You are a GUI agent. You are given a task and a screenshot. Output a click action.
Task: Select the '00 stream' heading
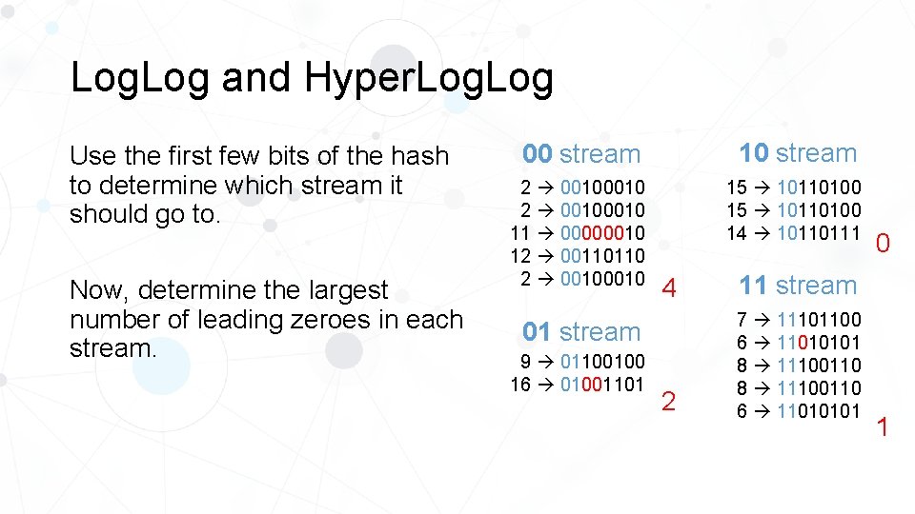pyautogui.click(x=581, y=153)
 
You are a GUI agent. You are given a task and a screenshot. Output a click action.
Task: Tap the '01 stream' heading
pyautogui.click(x=581, y=332)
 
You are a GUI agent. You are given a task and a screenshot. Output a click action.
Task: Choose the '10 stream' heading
pyautogui.click(x=798, y=152)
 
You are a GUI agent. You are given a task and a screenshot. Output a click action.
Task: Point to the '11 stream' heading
pyautogui.click(x=798, y=285)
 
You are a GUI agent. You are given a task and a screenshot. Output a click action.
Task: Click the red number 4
pyautogui.click(x=669, y=288)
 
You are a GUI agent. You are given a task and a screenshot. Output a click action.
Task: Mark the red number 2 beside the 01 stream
pyautogui.click(x=668, y=402)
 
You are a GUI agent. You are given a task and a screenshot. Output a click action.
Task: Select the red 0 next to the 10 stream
pyautogui.click(x=883, y=245)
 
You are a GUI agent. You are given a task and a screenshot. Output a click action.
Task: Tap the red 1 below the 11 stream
pyautogui.click(x=882, y=427)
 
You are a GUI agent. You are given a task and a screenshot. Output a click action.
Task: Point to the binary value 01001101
pyautogui.click(x=602, y=385)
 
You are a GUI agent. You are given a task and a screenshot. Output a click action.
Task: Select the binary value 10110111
pyautogui.click(x=819, y=232)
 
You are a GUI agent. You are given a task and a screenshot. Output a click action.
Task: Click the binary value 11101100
pyautogui.click(x=819, y=318)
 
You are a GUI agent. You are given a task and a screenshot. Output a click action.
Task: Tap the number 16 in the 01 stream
pyautogui.click(x=520, y=385)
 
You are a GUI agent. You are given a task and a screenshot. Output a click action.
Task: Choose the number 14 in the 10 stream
pyautogui.click(x=737, y=232)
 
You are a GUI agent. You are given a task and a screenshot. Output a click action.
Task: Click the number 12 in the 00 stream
pyautogui.click(x=520, y=256)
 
